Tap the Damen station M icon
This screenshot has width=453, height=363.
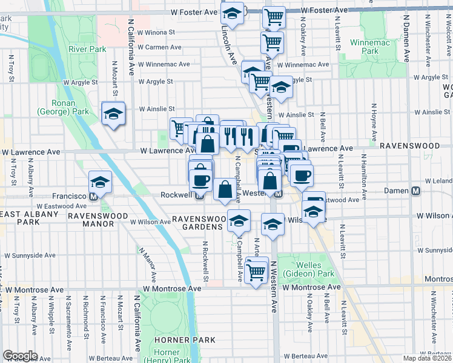coord(416,191)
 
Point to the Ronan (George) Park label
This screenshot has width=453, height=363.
coord(63,107)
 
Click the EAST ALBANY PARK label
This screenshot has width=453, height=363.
coord(21,218)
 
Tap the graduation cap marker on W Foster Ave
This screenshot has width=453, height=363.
coord(231,12)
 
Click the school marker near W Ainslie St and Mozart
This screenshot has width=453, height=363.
coord(113,113)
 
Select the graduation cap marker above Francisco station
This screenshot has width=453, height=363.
coord(100,181)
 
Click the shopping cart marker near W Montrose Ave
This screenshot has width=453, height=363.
coord(257,270)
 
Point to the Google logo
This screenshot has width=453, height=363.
coord(20,356)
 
